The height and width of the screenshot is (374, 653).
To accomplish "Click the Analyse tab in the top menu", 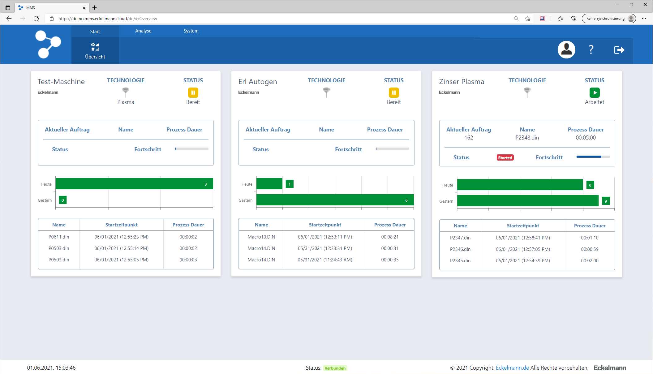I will pos(143,31).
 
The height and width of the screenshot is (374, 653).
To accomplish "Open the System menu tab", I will pos(191,31).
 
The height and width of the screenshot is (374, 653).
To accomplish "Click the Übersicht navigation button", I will pos(95,51).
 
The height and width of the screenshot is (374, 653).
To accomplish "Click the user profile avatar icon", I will pos(566,49).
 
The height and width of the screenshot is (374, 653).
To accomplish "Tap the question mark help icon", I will pos(591,49).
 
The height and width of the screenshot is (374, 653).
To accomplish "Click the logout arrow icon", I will pos(619,50).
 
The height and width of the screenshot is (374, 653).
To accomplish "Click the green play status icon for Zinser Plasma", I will pos(594,92).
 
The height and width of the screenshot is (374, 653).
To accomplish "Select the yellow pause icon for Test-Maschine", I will pos(193,92).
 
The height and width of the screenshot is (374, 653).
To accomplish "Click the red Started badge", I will pos(505,158).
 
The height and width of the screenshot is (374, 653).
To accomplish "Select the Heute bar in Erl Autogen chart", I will pos(269,184).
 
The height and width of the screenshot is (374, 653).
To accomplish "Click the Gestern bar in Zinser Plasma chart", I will pos(527,201).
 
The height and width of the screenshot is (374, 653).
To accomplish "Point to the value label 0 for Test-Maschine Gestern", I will pos(62,200).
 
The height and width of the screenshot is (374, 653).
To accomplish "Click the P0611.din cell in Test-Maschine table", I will pos(59,237).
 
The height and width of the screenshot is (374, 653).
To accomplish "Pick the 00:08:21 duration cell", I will pos(390,237).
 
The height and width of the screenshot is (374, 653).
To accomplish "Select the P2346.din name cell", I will pos(460,249).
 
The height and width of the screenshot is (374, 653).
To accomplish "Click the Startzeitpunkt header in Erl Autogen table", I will pos(325,225).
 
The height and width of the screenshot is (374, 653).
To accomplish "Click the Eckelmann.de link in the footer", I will pos(512,368).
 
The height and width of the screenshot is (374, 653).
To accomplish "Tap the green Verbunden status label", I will pos(335,368).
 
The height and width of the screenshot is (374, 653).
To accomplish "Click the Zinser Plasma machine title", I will pos(462,82).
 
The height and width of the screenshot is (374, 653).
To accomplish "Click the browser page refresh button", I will pos(36,19).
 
